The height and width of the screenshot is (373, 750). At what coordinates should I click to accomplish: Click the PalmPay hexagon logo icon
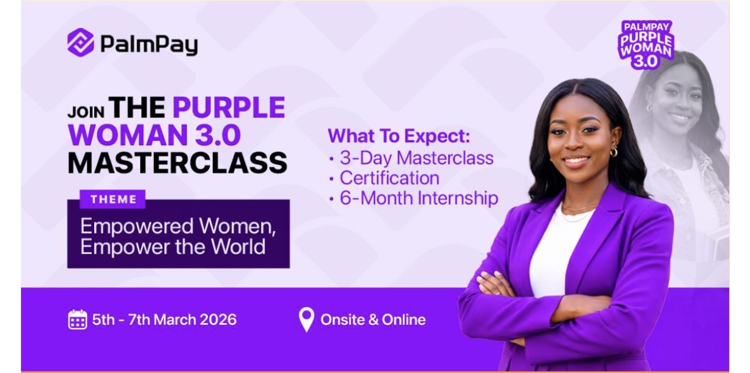[81, 42]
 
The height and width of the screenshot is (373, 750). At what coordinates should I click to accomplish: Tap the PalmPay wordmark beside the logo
[149, 45]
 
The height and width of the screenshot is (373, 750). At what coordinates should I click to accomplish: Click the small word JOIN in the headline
[86, 112]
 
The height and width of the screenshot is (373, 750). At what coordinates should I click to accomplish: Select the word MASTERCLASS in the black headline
[177, 163]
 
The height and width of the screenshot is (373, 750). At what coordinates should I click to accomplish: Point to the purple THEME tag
[113, 199]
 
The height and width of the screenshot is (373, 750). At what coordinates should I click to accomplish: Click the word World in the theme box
[238, 246]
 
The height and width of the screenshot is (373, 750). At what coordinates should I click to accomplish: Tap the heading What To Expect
[399, 136]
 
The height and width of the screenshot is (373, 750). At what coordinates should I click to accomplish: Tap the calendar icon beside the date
[77, 320]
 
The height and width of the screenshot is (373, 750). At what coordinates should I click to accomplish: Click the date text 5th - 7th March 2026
[165, 320]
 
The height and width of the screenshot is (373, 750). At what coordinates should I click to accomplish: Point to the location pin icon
[306, 320]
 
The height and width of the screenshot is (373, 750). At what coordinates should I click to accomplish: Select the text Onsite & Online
[373, 320]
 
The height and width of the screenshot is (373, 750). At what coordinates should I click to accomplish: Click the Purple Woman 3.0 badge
[646, 45]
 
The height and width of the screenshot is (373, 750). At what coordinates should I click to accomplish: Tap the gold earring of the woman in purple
[613, 153]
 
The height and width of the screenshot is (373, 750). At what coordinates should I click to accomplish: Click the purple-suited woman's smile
[577, 160]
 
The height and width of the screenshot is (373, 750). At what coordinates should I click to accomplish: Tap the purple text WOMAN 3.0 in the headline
[154, 135]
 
